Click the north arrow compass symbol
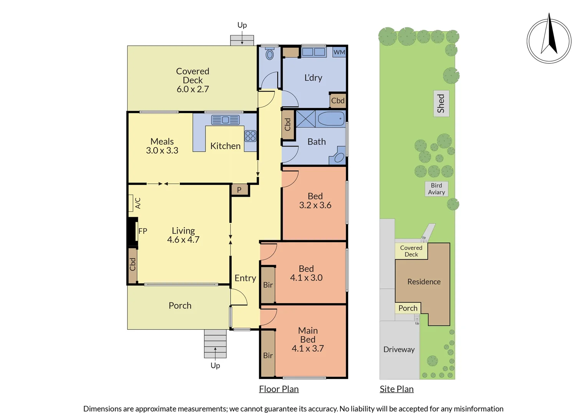(549, 41)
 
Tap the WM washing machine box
(339, 52)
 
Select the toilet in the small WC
(270, 54)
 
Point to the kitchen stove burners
(250, 136)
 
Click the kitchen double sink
(225, 120)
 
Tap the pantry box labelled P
(239, 190)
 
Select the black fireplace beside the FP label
(132, 231)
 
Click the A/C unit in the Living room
(131, 203)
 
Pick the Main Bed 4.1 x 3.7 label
(308, 340)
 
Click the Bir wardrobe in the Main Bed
(268, 354)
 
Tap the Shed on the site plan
(441, 104)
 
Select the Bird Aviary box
(436, 189)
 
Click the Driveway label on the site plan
(399, 350)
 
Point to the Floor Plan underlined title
(279, 389)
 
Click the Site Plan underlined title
(396, 389)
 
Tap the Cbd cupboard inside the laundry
(338, 101)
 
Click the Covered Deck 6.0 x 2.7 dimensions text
(193, 89)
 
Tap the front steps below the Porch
(215, 343)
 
